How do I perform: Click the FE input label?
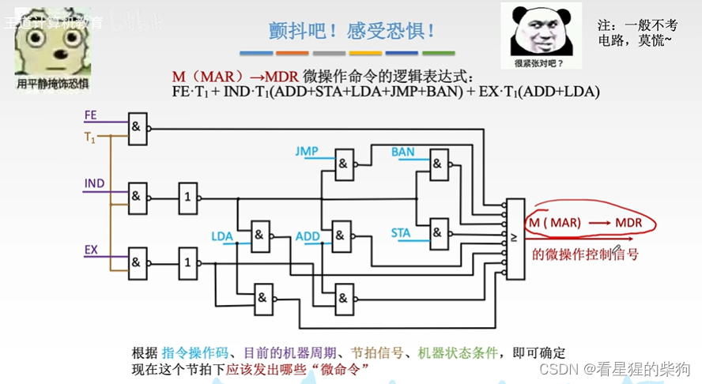click(x=90, y=115)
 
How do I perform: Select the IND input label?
click(x=93, y=183)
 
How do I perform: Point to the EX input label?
click(x=91, y=250)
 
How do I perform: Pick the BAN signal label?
click(x=402, y=151)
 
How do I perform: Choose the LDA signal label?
click(x=222, y=236)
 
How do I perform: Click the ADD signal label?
click(x=308, y=236)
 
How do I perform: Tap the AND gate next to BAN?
click(x=436, y=164)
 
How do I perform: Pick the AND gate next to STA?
click(x=436, y=232)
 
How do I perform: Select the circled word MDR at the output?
click(x=628, y=223)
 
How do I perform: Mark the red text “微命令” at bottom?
click(x=342, y=369)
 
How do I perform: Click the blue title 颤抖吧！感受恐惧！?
click(x=351, y=32)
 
